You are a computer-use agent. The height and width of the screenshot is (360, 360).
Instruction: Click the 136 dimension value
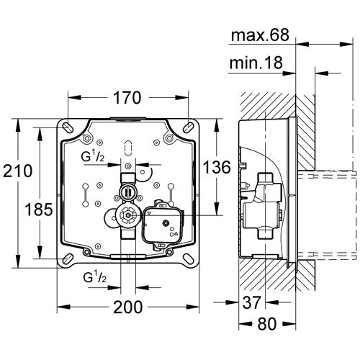click(217, 167)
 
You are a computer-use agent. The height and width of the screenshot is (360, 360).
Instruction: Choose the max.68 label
click(261, 35)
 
